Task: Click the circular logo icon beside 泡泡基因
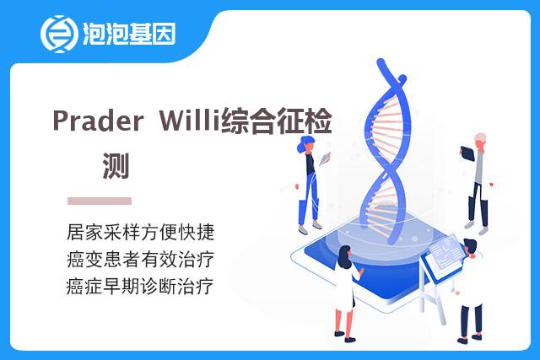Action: coord(57,34)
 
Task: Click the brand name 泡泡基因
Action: coord(129,34)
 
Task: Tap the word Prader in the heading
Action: coord(98,120)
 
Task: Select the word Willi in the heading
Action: coord(189,119)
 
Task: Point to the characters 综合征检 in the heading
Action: coord(276,121)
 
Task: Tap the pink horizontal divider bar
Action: coord(100,201)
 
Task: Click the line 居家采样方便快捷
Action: coord(141,232)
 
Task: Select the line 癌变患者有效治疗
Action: coord(141,259)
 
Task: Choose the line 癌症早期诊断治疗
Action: coord(140,287)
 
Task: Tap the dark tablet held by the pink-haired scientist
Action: coord(467,153)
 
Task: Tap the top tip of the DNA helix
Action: coord(381,62)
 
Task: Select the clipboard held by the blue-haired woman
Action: coord(325,159)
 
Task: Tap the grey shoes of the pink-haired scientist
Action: coord(476,228)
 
